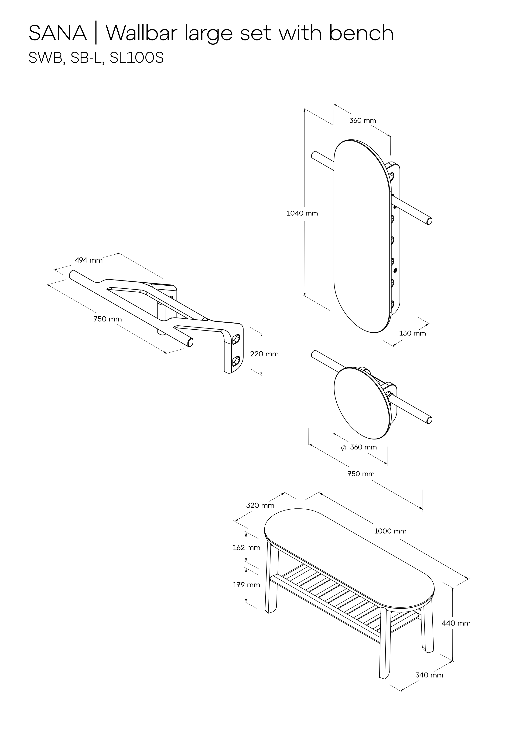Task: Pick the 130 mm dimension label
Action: point(412,333)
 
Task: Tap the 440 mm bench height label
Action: point(456,623)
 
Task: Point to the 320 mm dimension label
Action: point(260,505)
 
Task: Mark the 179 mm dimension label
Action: point(246,585)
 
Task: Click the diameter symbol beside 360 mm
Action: point(343,448)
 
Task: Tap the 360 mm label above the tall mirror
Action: point(363,121)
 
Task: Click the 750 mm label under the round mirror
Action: point(361,474)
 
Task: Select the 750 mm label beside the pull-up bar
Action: point(107,319)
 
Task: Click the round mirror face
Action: point(360,403)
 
